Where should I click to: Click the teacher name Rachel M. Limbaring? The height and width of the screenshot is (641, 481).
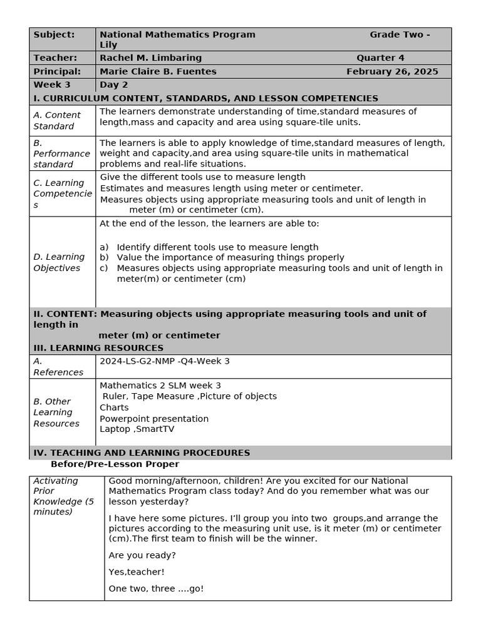click(x=150, y=58)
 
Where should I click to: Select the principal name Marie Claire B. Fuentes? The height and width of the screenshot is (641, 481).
click(x=158, y=71)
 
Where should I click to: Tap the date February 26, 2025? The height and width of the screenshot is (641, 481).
click(x=392, y=71)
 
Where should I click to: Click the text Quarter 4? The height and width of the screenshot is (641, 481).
click(x=380, y=58)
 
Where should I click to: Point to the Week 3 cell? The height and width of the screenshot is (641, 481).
click(x=52, y=85)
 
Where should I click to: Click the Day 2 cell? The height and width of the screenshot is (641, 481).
click(x=113, y=85)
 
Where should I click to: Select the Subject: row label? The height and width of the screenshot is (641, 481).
click(x=54, y=34)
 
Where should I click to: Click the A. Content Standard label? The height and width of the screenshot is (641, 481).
click(x=57, y=120)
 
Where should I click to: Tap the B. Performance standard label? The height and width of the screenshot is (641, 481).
click(x=61, y=153)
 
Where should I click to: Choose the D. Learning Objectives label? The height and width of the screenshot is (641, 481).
click(x=59, y=262)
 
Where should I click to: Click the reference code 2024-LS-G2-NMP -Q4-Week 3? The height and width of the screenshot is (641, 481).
click(x=165, y=361)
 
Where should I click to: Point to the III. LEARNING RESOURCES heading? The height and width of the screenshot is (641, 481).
click(x=98, y=347)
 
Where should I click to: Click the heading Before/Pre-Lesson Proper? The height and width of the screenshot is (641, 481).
click(x=115, y=464)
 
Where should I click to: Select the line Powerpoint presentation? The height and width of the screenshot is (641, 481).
click(x=154, y=418)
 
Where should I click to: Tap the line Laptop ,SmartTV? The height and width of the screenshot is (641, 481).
click(x=137, y=429)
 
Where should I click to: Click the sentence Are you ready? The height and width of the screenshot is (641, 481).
click(x=142, y=555)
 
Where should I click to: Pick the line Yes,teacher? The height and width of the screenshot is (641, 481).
click(x=137, y=572)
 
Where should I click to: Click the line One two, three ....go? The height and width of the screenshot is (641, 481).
click(x=156, y=588)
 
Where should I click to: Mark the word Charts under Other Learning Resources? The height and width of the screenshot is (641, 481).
click(x=114, y=407)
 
